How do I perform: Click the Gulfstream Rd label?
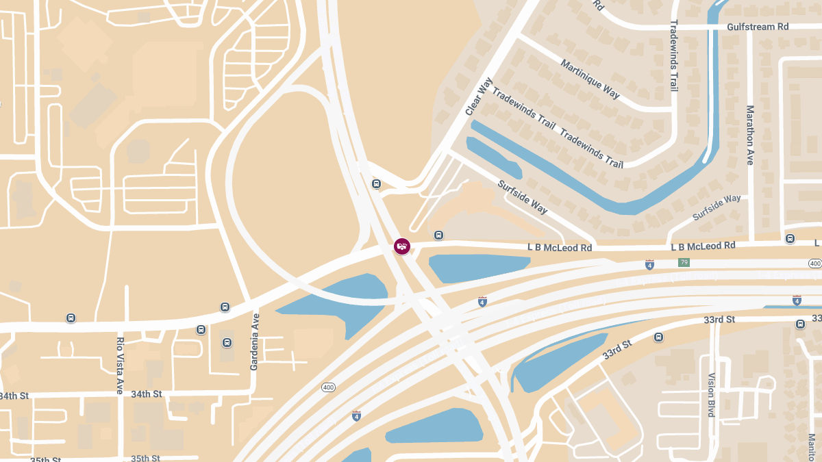point(758,27)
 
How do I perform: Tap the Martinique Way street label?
point(590,79)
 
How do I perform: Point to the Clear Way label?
point(478,97)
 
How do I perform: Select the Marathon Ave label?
point(750,135)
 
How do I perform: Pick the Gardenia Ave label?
point(254,342)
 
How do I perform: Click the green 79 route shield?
point(683,263)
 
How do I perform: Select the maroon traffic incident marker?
point(402,246)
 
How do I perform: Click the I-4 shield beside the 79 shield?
point(649,264)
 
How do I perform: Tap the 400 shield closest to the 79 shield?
point(814,264)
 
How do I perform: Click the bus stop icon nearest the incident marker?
point(438,235)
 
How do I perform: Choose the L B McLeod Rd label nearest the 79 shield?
point(703,246)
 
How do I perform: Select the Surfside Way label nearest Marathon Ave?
point(717,207)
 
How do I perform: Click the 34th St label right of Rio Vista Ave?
point(146,394)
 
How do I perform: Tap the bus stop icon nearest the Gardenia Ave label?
point(227,342)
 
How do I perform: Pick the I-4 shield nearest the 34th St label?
point(356,415)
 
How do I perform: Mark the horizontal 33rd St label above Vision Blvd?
point(719,320)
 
